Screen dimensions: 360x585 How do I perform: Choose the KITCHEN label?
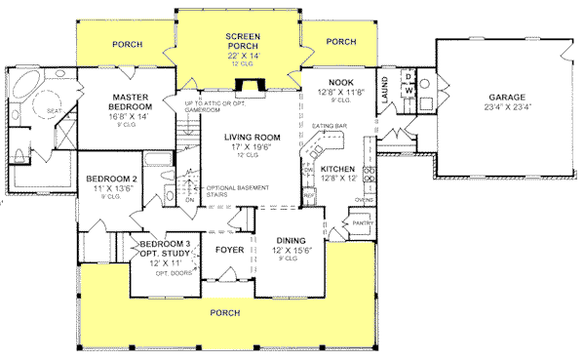[337, 169]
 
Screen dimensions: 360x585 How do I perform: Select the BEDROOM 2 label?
[109, 180]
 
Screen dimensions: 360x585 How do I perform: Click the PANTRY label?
[363, 223]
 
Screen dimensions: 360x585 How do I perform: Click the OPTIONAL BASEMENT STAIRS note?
[231, 191]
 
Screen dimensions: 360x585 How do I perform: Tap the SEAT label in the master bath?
[54, 111]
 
